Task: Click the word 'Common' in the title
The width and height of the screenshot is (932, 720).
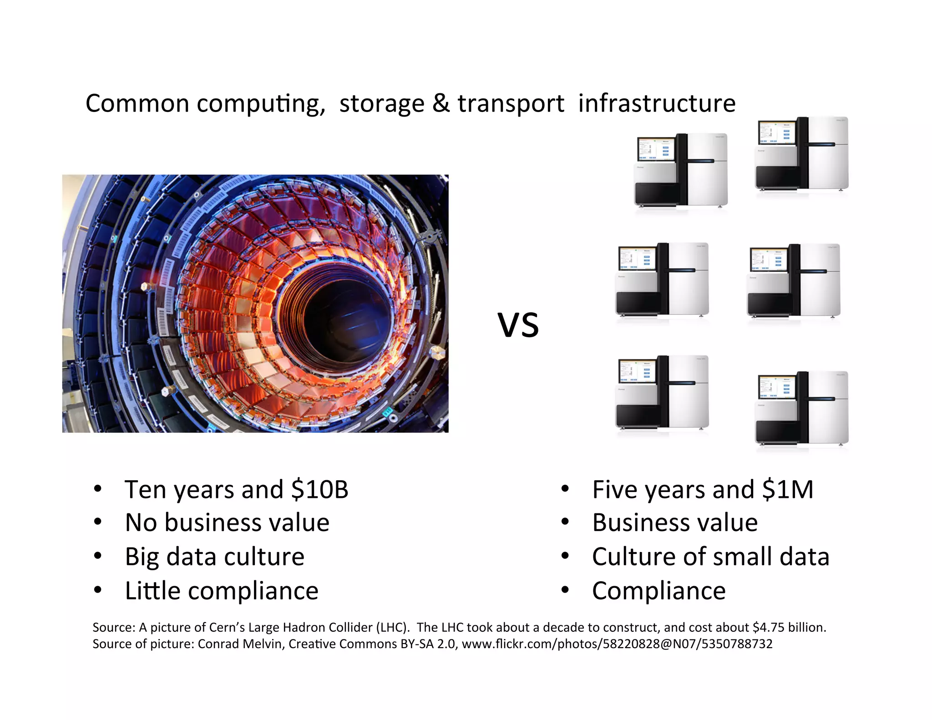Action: [x=137, y=103]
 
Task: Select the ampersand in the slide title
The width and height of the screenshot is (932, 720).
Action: [x=441, y=103]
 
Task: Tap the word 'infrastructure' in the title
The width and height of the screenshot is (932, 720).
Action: [x=657, y=103]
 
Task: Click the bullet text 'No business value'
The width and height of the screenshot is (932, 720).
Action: [x=227, y=522]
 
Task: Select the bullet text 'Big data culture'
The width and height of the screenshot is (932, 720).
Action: [x=215, y=557]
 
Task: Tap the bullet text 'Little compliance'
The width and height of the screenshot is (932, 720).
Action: [x=222, y=591]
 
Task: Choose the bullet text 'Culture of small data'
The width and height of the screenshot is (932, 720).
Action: [x=710, y=557]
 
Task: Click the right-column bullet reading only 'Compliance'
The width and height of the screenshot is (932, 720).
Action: [x=658, y=591]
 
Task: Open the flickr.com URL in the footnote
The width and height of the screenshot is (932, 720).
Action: [x=617, y=644]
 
